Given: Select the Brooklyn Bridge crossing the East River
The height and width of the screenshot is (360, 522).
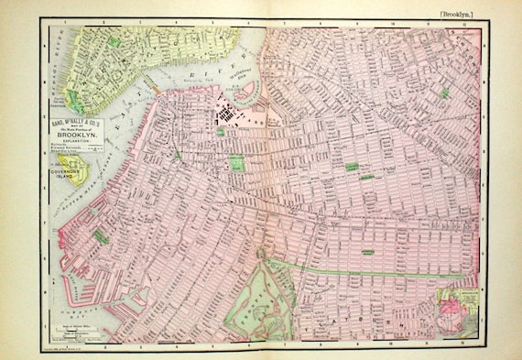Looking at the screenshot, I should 154,87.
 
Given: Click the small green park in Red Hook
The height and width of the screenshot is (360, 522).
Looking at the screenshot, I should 100,236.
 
